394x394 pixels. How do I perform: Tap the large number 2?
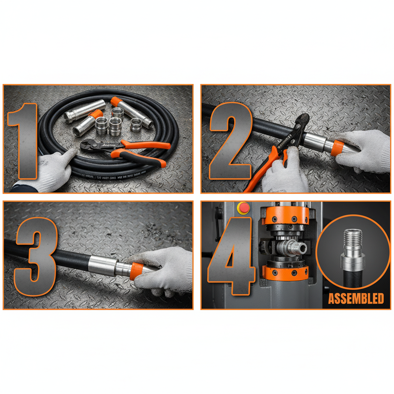tap(231, 139)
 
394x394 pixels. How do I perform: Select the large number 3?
tap(37, 256)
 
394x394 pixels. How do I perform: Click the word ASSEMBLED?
tap(356, 298)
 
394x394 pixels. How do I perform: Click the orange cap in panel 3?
tap(137, 271)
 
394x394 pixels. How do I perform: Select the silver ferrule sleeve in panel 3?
tap(102, 264)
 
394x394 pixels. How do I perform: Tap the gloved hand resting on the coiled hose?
tap(54, 169)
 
